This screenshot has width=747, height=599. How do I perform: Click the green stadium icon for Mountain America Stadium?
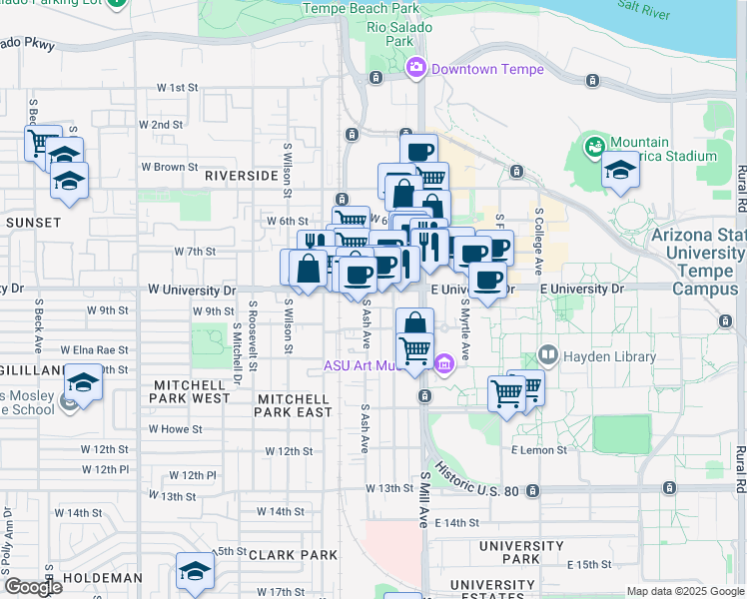pyautogui.click(x=595, y=149)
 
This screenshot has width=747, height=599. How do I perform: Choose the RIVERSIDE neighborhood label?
pyautogui.click(x=241, y=175)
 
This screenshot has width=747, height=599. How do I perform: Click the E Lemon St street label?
pyautogui.click(x=539, y=450)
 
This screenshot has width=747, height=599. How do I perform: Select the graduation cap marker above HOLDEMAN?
pyautogui.click(x=195, y=570)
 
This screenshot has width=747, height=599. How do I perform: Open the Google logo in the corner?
pyautogui.click(x=33, y=587)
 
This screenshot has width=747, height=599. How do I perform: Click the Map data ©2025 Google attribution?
pyautogui.click(x=685, y=591)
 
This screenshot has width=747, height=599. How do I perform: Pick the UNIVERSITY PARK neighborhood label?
pyautogui.click(x=522, y=553)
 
